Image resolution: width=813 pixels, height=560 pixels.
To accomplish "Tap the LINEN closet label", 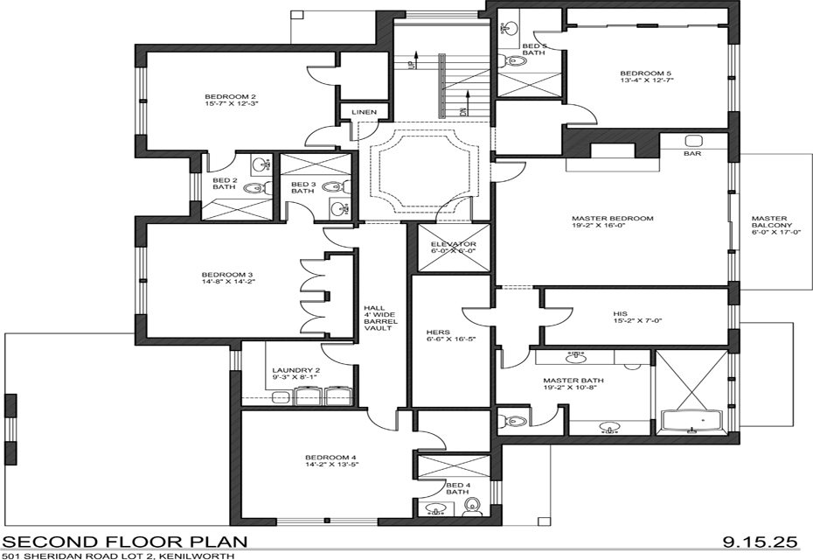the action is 364,112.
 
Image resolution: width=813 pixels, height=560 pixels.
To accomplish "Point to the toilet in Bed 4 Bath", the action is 472,506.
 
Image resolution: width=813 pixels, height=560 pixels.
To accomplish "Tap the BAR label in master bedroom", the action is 692,154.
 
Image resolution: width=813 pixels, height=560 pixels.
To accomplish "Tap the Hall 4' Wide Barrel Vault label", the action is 380,318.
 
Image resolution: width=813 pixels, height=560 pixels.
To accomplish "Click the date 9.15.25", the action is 760,542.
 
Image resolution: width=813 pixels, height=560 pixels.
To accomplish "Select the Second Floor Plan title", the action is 126,542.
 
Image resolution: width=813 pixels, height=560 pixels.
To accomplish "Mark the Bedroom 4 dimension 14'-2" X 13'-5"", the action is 332,465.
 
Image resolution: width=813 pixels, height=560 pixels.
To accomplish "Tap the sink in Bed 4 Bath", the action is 436,508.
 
